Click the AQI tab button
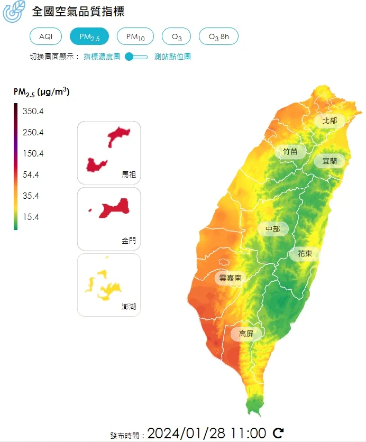(46, 36)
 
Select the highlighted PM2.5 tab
(89, 36)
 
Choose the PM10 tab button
(135, 36)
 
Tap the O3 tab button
(177, 36)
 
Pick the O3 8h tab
(218, 36)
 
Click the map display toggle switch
(136, 57)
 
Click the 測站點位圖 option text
(172, 57)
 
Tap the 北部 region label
(330, 121)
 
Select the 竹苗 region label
(290, 152)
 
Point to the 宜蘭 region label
(330, 161)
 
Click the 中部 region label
(273, 229)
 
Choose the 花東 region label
(305, 254)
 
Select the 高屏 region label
(246, 334)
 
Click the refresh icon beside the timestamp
(278, 434)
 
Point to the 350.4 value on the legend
(33, 112)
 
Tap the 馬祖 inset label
(129, 174)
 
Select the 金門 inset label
(129, 241)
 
